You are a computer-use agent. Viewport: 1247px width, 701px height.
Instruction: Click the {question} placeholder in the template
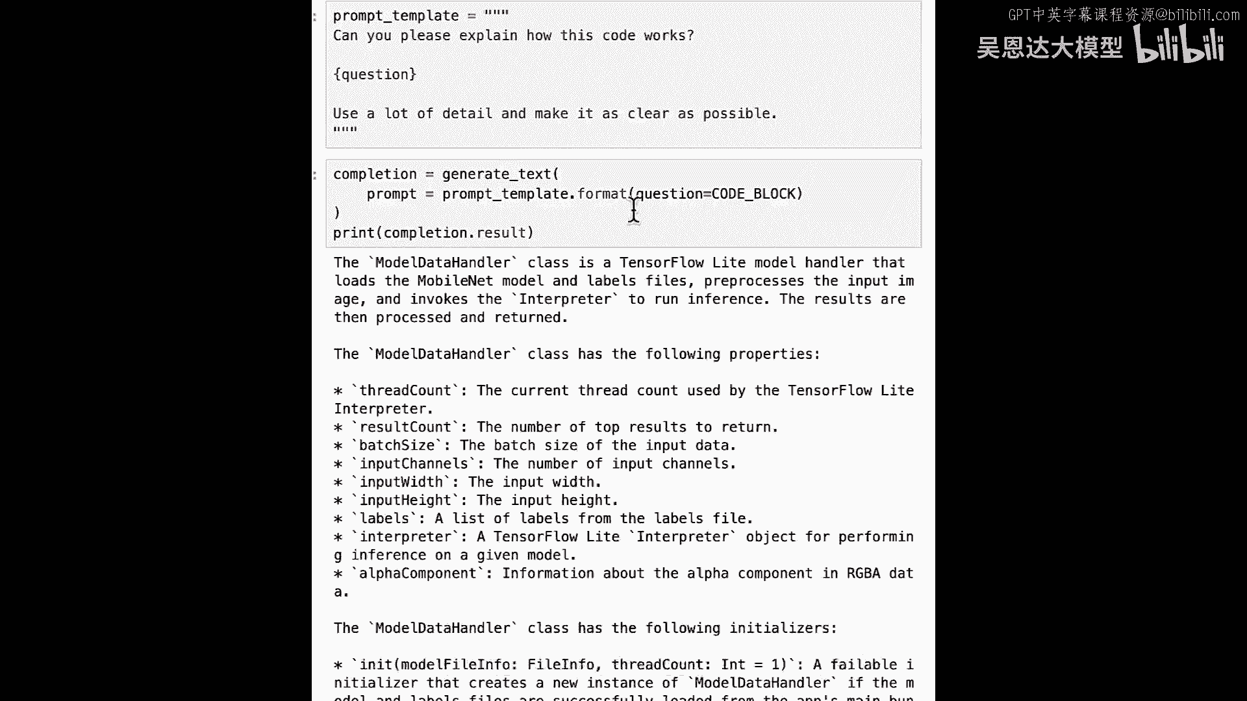[375, 75]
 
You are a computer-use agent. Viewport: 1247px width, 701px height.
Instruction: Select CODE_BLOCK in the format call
[753, 193]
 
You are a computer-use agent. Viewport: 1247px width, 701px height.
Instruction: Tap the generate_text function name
[496, 174]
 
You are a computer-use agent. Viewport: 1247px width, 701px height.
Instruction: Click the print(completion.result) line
[433, 232]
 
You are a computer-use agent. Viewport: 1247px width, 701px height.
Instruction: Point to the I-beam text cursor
[633, 210]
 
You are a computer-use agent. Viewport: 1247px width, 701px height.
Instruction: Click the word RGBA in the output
[863, 573]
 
